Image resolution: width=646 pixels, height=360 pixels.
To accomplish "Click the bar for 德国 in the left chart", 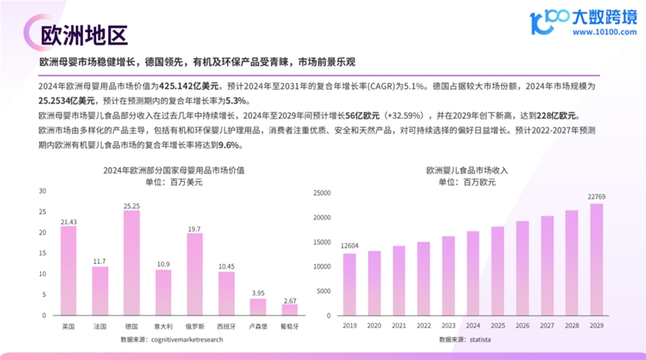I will coord(132,263).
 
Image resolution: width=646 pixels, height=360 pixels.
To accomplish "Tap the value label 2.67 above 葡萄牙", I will coord(289,300).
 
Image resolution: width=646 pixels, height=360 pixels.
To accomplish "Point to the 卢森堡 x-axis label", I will coord(258,326).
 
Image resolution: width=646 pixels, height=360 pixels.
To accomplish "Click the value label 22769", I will coord(597,196).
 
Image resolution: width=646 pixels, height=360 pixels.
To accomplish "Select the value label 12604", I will coord(350,246).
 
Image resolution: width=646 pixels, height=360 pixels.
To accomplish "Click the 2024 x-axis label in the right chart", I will coord(473,327).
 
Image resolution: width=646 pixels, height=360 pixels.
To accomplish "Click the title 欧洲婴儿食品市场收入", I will coord(473,171).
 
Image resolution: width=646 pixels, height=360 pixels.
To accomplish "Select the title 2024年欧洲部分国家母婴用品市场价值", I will coord(174,171).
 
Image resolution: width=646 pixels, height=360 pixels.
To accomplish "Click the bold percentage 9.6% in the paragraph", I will coord(230,144).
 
